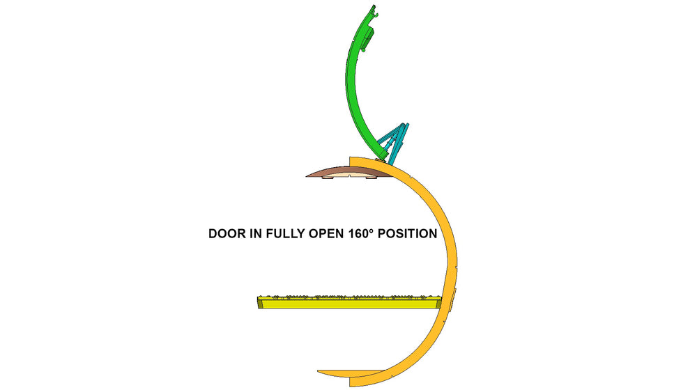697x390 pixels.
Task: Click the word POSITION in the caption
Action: pyautogui.click(x=408, y=233)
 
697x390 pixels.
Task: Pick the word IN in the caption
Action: pyautogui.click(x=256, y=233)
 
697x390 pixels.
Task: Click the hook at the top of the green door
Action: pyautogui.click(x=374, y=11)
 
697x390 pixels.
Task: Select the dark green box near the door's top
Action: pyautogui.click(x=368, y=39)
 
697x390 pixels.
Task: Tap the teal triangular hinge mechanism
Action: pyautogui.click(x=395, y=143)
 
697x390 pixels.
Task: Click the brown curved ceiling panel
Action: pyautogui.click(x=349, y=172)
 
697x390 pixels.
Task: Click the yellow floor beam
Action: pyautogui.click(x=350, y=302)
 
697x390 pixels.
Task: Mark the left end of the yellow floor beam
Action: pyautogui.click(x=259, y=302)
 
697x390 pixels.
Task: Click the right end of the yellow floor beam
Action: pyautogui.click(x=441, y=302)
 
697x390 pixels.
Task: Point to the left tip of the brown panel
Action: pyautogui.click(x=307, y=176)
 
